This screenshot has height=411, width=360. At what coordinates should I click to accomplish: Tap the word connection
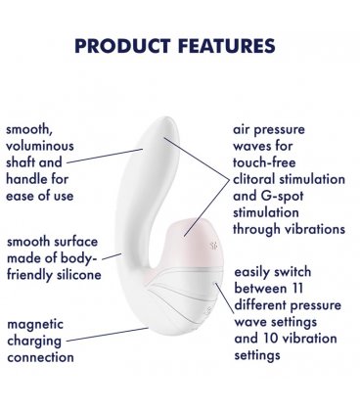(x=40, y=357)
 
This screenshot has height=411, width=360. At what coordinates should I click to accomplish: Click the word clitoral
(x=257, y=180)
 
